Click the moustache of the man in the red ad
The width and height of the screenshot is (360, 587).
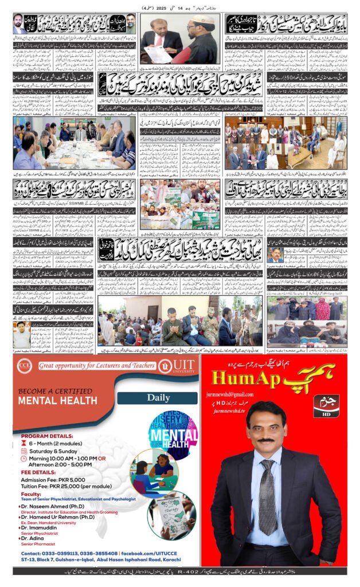(x=266, y=440)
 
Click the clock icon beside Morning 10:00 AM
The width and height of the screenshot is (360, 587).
(x=24, y=459)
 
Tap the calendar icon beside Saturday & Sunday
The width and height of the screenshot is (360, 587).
(x=24, y=449)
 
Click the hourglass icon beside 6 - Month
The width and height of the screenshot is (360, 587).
(x=24, y=441)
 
